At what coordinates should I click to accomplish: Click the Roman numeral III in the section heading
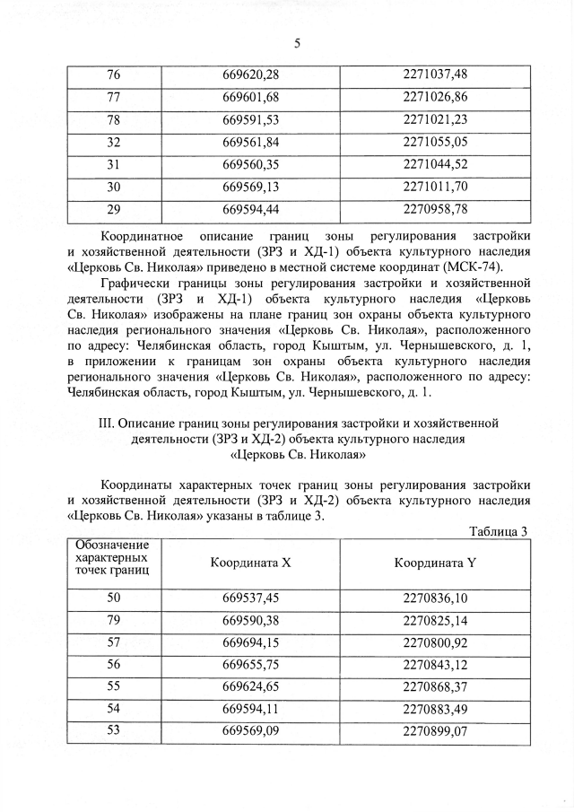pos(106,422)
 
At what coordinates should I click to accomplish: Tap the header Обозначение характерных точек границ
pos(113,557)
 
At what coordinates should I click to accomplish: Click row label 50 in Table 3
pos(114,597)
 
